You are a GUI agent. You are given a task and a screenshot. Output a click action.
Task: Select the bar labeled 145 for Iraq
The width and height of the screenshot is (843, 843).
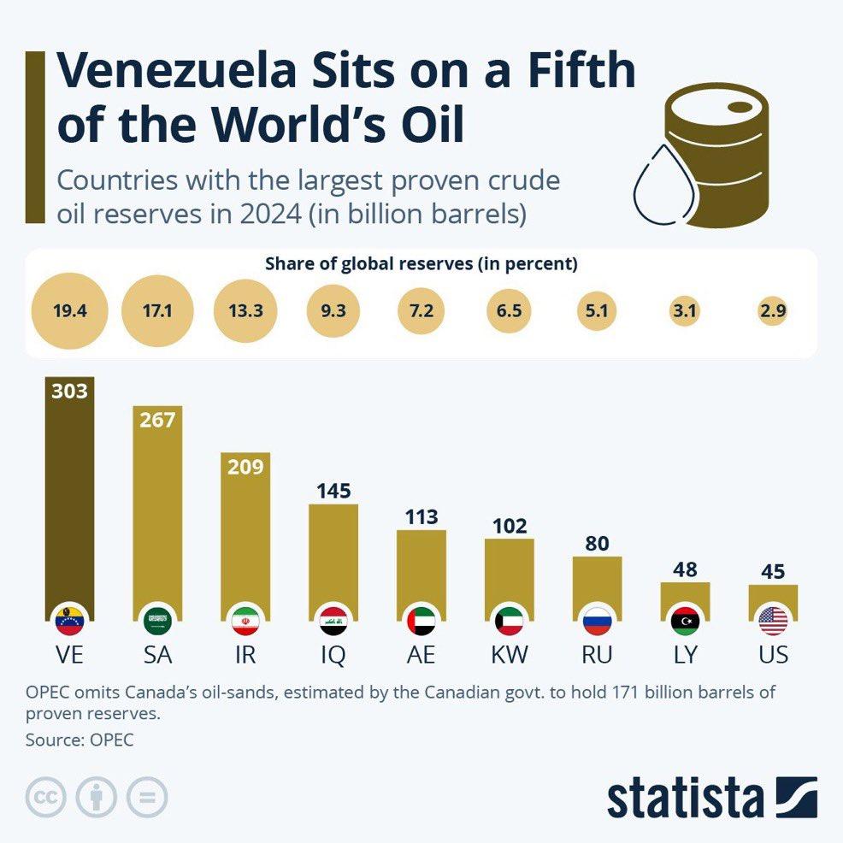pos(333,556)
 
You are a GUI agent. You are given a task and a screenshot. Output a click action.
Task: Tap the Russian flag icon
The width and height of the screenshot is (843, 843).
pos(598,620)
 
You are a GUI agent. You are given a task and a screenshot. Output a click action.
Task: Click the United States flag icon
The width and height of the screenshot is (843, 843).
pos(773,620)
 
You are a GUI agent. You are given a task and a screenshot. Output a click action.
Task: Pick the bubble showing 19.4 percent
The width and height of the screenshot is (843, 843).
pos(70,311)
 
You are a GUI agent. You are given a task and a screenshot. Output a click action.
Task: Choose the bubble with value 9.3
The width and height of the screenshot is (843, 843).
pos(333,311)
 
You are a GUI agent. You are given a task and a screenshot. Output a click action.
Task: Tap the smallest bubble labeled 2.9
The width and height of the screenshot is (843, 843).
pos(773,311)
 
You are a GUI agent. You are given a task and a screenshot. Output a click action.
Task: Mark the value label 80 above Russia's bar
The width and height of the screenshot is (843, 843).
pos(598,543)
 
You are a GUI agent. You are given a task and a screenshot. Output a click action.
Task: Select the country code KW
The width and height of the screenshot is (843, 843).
pos(510,655)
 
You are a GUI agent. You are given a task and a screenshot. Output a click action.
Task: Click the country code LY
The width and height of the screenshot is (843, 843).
pos(686,655)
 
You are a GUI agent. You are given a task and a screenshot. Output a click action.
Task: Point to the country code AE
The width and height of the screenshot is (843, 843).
pos(421,655)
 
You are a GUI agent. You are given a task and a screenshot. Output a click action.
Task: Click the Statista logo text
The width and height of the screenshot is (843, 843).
pos(685,798)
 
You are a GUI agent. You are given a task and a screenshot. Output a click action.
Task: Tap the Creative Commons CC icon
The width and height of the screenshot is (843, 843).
pos(46,799)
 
